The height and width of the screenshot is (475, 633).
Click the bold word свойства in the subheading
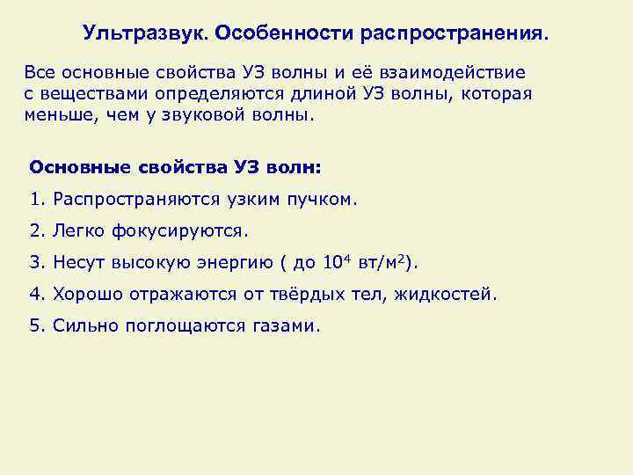point(182,166)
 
